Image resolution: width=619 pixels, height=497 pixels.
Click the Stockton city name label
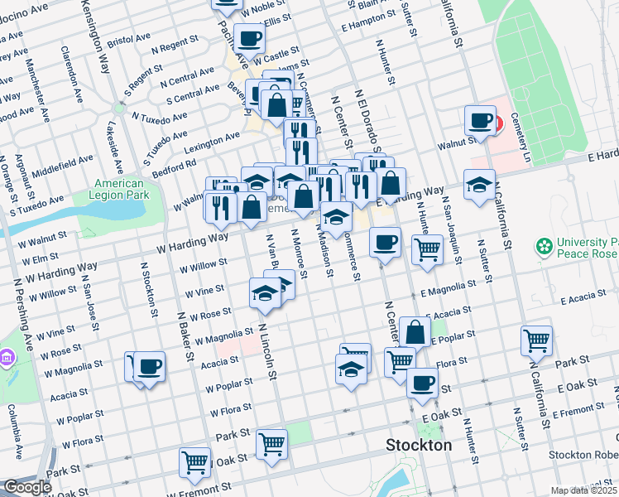pos(419,446)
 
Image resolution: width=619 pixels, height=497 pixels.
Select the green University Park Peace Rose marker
pos(544,246)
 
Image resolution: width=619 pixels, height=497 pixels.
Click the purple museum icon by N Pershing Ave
pos(8,359)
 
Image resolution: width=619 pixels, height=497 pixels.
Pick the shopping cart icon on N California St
pos(536,340)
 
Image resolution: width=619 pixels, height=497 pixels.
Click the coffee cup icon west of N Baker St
pos(149,365)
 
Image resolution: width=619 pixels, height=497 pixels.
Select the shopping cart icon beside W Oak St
pos(195,461)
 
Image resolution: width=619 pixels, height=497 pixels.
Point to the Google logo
pos(26,487)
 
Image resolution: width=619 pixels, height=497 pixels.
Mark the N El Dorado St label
pos(367,121)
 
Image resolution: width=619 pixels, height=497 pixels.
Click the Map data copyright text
pos(582,490)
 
